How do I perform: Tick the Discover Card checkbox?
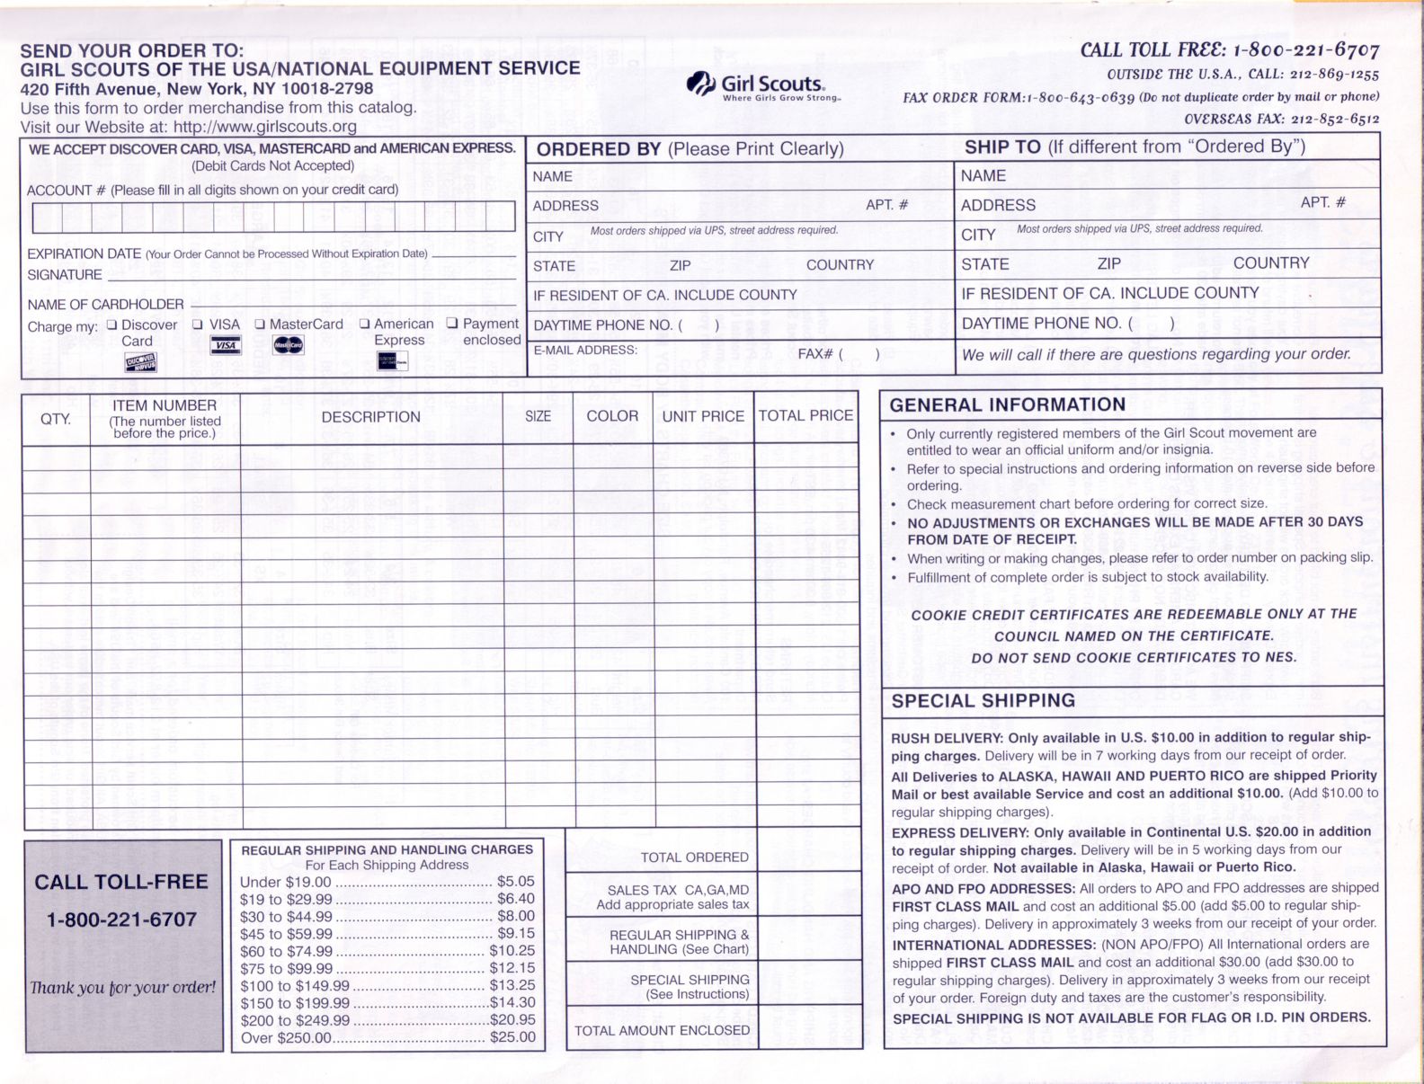click(111, 324)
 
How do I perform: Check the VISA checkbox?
click(198, 324)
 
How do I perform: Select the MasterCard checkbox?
click(260, 324)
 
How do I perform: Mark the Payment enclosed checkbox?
click(452, 324)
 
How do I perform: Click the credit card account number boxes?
click(273, 217)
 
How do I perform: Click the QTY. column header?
click(56, 419)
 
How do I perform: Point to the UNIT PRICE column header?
click(703, 417)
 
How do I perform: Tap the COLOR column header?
click(612, 416)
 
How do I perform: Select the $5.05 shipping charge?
click(516, 882)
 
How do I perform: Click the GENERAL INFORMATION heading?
click(1007, 405)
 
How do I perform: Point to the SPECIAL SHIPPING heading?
click(983, 701)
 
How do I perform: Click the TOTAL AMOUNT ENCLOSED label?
click(662, 1031)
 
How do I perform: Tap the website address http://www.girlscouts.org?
click(265, 127)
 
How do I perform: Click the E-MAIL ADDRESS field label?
click(585, 351)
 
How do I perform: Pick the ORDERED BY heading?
click(599, 149)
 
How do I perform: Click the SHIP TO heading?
click(1002, 147)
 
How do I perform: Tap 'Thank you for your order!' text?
click(123, 988)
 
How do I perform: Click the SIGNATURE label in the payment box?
click(65, 275)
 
